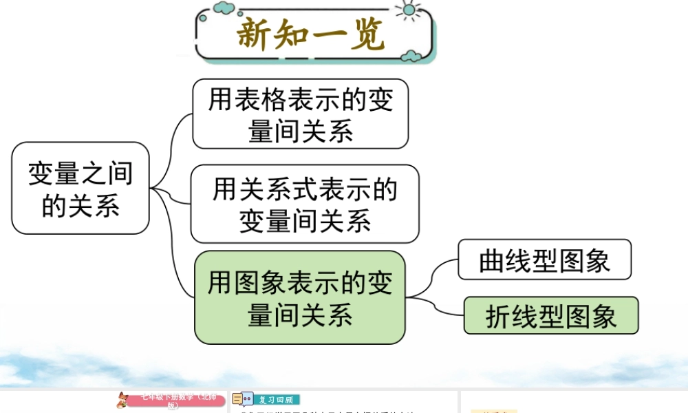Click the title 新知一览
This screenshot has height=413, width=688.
(x=311, y=34)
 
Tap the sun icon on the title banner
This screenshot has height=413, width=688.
(x=411, y=9)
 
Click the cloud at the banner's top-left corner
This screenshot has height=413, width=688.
(x=224, y=8)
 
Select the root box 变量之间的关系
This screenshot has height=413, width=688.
(x=80, y=188)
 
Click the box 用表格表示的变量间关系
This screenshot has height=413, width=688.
(x=301, y=114)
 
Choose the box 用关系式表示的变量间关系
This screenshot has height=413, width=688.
(x=305, y=204)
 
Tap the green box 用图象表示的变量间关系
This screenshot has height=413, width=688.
(x=300, y=297)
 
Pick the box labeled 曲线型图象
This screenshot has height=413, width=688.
(x=544, y=260)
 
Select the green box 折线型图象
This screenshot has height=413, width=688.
(x=551, y=315)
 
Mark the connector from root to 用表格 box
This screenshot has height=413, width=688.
(x=173, y=138)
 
